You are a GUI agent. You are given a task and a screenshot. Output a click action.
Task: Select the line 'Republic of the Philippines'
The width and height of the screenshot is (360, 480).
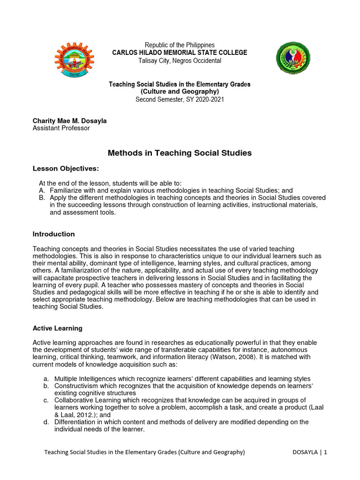click(x=180, y=45)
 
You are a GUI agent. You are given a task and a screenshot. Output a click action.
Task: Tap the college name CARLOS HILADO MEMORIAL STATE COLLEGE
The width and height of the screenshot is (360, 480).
click(x=180, y=52)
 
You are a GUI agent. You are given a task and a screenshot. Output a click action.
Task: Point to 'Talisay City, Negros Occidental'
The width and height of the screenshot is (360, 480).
click(x=180, y=60)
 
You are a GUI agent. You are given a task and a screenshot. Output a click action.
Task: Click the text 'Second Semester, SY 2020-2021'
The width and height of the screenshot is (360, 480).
click(x=180, y=99)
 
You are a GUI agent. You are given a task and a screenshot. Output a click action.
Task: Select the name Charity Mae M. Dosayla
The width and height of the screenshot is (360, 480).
click(x=69, y=120)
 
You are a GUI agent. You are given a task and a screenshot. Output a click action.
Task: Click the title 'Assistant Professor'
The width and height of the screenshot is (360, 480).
click(x=61, y=128)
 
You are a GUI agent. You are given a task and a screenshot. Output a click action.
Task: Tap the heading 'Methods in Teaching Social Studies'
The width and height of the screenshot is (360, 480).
click(x=180, y=153)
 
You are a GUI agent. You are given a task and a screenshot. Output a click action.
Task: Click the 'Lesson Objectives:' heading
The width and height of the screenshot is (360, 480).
click(x=66, y=168)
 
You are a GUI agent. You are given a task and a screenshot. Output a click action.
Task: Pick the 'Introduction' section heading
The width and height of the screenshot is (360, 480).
click(x=53, y=234)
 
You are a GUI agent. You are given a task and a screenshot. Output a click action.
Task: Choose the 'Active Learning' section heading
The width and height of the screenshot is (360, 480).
click(x=57, y=328)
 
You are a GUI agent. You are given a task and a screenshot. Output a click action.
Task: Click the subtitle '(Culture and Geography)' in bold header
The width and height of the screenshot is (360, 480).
click(x=180, y=91)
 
